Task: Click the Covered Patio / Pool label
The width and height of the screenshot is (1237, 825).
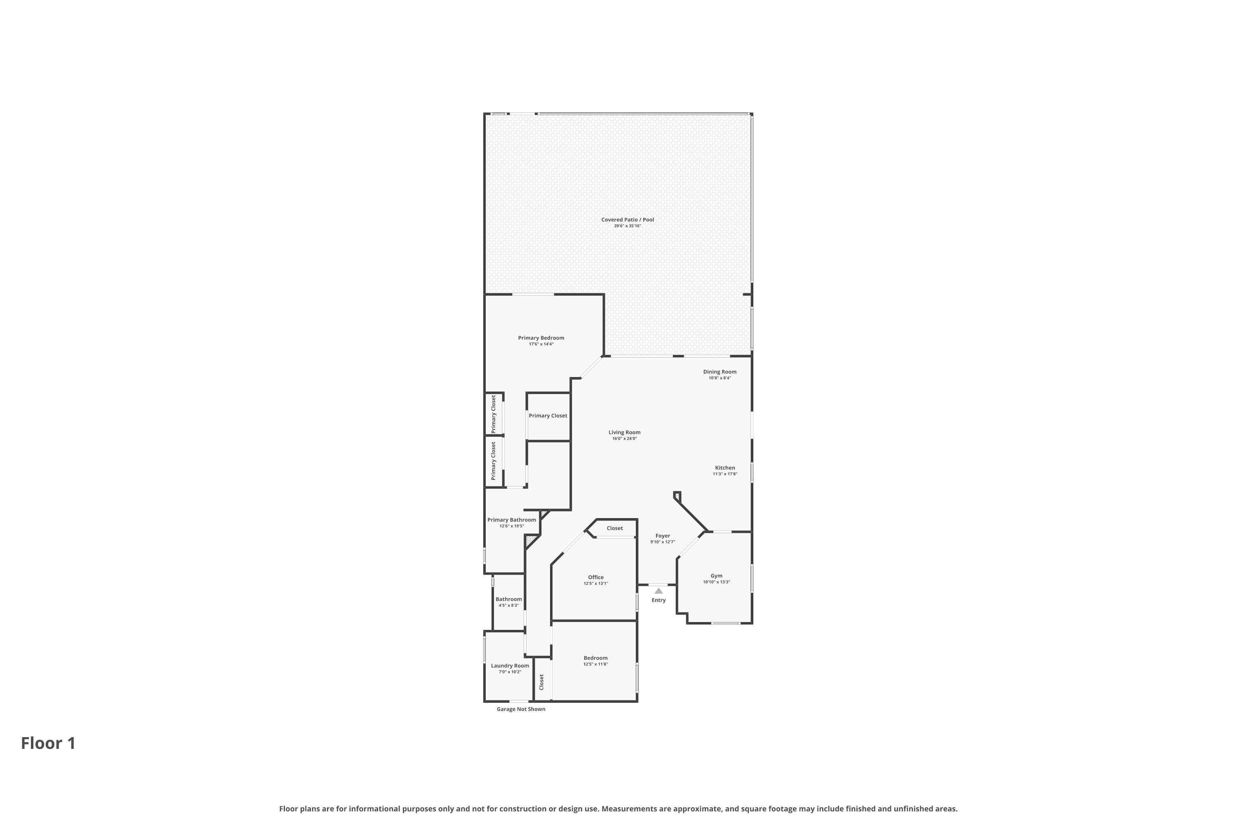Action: tap(628, 219)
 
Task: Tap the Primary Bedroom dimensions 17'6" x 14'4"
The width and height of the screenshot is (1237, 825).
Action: tap(541, 344)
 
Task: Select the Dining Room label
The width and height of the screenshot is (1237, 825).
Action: tap(720, 372)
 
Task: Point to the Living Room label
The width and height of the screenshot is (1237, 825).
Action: tap(624, 432)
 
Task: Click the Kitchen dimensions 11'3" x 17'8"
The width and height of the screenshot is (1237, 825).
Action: tap(725, 474)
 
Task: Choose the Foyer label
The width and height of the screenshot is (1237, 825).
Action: tap(662, 535)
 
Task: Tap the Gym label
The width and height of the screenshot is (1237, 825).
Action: tap(716, 575)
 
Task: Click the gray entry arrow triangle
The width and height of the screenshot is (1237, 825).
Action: tap(658, 591)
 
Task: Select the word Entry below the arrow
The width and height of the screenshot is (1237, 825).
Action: tap(658, 600)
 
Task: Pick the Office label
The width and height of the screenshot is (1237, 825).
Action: tap(595, 577)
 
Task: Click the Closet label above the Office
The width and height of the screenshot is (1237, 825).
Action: tap(614, 528)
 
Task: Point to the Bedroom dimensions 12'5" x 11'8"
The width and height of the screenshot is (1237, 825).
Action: tap(595, 664)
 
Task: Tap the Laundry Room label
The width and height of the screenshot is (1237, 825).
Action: tap(510, 666)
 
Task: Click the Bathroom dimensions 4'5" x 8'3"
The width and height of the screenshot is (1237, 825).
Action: tap(508, 606)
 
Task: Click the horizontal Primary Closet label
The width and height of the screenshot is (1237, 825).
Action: tap(548, 416)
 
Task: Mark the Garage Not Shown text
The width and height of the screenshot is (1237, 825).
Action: tap(521, 709)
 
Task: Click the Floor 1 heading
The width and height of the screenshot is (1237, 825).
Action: tap(48, 743)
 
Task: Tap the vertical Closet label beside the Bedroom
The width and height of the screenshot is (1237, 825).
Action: tap(541, 682)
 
